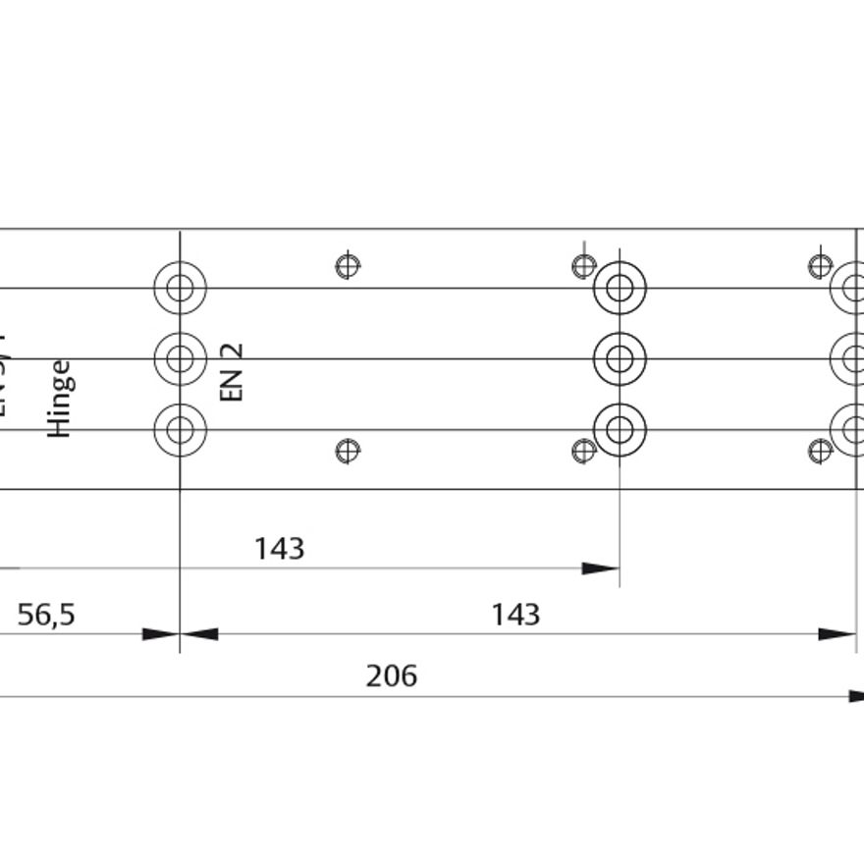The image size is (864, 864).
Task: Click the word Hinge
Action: [x=61, y=398]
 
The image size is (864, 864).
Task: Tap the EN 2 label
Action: [x=232, y=372]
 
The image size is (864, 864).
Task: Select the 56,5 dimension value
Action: [x=46, y=616]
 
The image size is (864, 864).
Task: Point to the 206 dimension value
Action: [x=392, y=676]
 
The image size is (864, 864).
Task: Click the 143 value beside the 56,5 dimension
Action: [x=515, y=616]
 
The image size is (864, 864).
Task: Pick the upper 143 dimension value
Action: [x=280, y=549]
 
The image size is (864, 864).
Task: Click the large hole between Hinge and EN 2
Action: [x=180, y=359]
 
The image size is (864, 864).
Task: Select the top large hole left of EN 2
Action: [x=180, y=289]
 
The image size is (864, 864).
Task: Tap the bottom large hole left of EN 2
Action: [x=180, y=430]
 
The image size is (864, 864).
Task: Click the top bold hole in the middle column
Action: [x=620, y=289]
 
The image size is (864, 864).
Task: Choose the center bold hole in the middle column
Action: [x=620, y=359]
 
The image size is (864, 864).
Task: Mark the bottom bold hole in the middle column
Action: [x=620, y=430]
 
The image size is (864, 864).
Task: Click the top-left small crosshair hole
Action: [x=348, y=265]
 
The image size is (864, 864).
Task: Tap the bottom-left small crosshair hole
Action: [x=348, y=451]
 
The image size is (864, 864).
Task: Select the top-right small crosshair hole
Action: [x=820, y=265]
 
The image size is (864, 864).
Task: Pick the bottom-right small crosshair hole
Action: [x=820, y=451]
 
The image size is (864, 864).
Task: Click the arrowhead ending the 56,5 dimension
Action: [x=161, y=634]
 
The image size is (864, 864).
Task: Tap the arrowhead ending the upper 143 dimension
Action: [x=600, y=568]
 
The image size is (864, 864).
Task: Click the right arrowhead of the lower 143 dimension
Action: [x=837, y=634]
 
